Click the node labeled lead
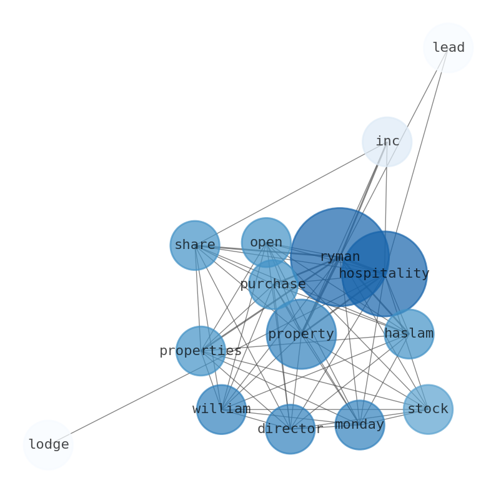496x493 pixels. (448, 48)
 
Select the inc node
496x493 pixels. (387, 142)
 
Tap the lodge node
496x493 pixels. (48, 445)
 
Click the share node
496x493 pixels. (195, 245)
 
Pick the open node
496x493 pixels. (266, 242)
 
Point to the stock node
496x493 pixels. (428, 409)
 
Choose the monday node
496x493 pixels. (359, 425)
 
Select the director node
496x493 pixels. (290, 429)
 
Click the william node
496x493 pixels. (221, 409)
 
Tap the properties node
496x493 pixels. (201, 351)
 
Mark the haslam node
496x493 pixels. (409, 334)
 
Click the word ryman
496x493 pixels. (340, 257)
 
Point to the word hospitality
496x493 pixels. (384, 273)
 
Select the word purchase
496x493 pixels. (273, 285)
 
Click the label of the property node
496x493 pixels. (301, 334)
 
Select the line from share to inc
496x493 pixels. (290, 193)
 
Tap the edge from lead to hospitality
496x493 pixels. (420, 147)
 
